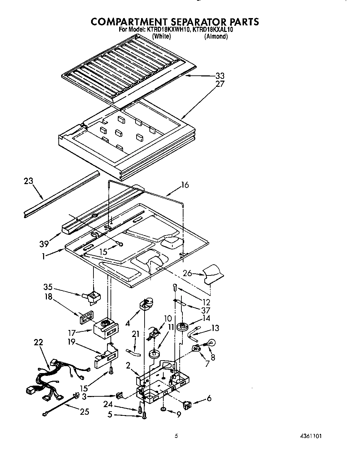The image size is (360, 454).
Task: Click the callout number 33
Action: click(x=220, y=76)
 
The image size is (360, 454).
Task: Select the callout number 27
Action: click(x=220, y=84)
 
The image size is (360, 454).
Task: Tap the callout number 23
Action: click(x=29, y=181)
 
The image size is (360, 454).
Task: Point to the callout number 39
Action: click(x=44, y=244)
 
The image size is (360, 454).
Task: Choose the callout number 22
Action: click(x=38, y=342)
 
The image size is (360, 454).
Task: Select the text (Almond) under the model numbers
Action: click(x=216, y=36)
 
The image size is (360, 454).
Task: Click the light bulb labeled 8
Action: click(x=212, y=343)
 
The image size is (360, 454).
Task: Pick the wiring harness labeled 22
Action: click(x=52, y=377)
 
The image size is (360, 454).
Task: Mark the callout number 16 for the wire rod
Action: click(x=185, y=185)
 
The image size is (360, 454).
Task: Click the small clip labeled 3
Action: click(x=119, y=395)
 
